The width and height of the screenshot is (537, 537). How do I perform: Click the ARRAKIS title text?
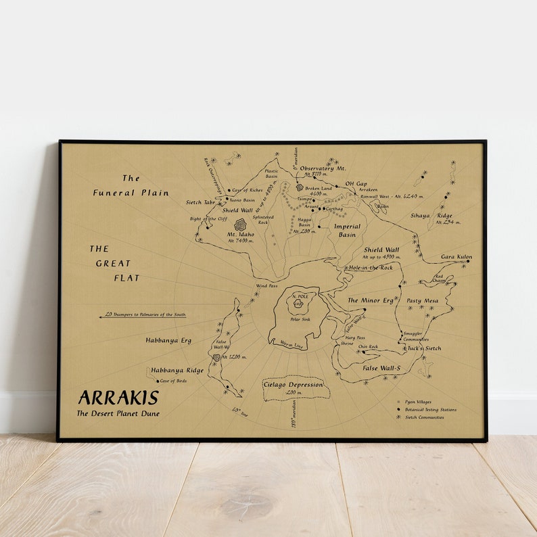[x=118, y=398]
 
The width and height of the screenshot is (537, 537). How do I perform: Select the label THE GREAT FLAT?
[x=113, y=263]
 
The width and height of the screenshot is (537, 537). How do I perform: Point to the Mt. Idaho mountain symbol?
[x=240, y=225]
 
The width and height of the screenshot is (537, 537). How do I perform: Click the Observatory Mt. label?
[x=323, y=168]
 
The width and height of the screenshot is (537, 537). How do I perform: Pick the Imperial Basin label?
[x=347, y=231]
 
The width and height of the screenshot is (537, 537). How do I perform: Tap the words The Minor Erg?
[x=370, y=300]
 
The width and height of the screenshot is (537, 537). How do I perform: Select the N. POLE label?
[x=298, y=298]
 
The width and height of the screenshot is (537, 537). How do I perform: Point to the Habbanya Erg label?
[x=170, y=340]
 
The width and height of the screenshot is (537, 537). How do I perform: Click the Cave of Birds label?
[x=172, y=381]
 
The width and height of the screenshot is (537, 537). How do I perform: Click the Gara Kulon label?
[x=457, y=257]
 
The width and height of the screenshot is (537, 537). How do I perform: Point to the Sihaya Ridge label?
[x=431, y=216]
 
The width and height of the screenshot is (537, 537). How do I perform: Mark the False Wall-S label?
[x=381, y=367]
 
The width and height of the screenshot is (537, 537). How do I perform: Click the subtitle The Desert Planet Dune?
[x=118, y=413]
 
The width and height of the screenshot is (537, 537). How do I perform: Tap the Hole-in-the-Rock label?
[x=370, y=267]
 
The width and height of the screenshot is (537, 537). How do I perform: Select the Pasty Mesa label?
[x=422, y=300]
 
